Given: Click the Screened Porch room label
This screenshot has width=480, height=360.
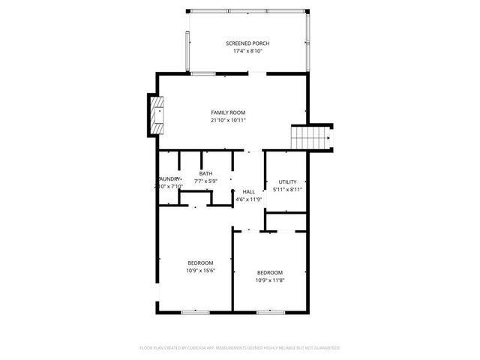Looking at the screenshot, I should click(247, 43).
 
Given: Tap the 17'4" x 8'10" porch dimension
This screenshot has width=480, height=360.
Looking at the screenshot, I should click(247, 52).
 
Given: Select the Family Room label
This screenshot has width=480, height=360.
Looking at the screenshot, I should click(228, 112).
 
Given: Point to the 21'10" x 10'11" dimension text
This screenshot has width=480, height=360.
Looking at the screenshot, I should click(228, 120).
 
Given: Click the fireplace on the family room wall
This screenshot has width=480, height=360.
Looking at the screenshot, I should click(156, 115).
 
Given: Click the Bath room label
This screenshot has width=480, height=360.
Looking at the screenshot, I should click(205, 173).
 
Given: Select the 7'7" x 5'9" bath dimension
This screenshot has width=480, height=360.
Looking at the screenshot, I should click(205, 181).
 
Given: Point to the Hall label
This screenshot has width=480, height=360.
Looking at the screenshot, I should click(248, 192).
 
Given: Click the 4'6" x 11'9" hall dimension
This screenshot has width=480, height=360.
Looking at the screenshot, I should click(248, 199).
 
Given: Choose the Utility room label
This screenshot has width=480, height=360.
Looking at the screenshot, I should click(287, 182).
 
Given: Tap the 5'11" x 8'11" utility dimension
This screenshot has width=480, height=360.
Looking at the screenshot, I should click(287, 190).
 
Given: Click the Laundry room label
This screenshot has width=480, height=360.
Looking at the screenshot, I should click(168, 178).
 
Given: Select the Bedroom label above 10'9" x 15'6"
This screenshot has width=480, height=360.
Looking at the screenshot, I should click(200, 262).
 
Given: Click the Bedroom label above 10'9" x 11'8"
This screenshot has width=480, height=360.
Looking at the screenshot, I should click(270, 272).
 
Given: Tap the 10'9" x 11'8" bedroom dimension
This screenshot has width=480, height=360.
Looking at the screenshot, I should click(270, 280).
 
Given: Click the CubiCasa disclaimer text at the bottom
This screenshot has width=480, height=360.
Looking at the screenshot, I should click(240, 348).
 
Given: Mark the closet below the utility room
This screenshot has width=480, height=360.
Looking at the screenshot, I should click(287, 221).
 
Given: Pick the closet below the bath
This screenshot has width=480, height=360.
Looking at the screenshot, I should click(196, 199).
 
